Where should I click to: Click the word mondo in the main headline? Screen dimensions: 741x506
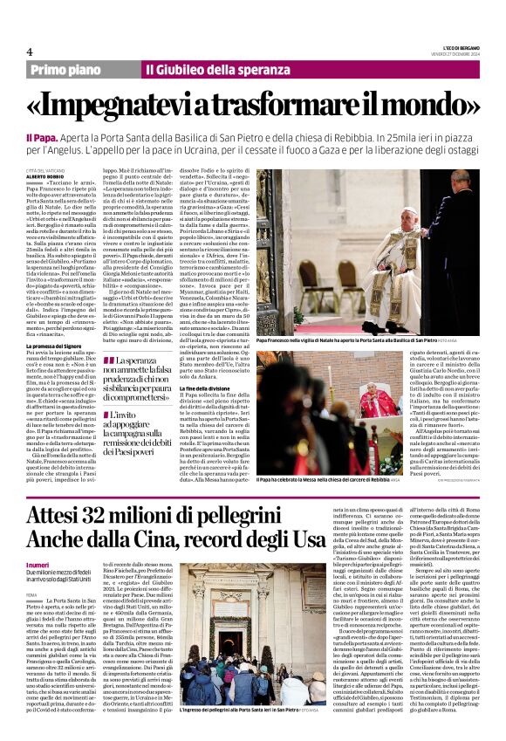[430, 104]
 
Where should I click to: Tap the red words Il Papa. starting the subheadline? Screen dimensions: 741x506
[41, 137]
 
